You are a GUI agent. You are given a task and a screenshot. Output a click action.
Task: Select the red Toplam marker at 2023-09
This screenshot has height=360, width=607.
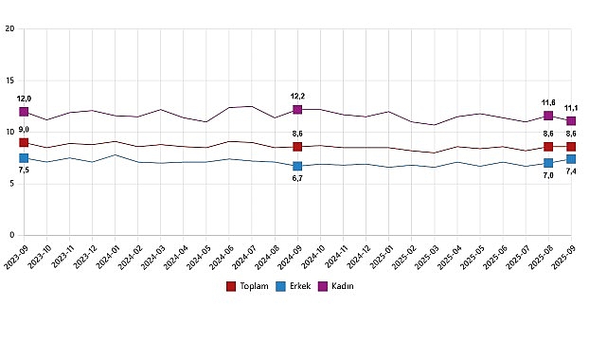[24, 143]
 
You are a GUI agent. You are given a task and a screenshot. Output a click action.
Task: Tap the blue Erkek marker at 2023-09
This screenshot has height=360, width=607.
[24, 158]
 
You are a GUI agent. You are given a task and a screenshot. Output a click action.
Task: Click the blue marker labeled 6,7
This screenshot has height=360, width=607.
[297, 166]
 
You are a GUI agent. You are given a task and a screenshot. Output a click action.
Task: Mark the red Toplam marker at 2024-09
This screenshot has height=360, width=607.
[297, 147]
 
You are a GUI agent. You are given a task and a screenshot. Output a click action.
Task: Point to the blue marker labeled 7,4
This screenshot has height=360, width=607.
[571, 159]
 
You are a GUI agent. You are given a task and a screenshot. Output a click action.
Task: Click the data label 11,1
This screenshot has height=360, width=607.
[571, 108]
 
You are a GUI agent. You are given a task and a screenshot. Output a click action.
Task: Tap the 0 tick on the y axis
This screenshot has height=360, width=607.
[11, 235]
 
